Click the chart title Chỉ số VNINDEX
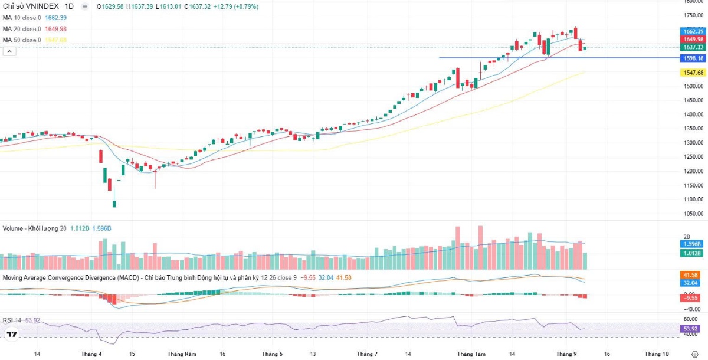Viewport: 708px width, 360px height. point(29,6)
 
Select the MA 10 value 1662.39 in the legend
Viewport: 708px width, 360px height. point(55,18)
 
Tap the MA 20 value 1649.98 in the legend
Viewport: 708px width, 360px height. point(55,29)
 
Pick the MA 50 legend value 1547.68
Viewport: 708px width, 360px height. point(55,40)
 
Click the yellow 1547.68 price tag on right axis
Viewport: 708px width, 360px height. point(692,73)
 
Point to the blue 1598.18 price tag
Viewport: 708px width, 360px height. point(692,58)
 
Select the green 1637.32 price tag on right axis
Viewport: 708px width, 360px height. point(692,47)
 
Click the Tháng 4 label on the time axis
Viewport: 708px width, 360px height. point(91,354)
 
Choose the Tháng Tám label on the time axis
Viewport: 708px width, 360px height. point(470,354)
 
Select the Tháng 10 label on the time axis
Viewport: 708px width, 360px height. point(657,354)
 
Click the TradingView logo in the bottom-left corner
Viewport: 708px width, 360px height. point(11,335)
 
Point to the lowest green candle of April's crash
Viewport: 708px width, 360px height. point(114,204)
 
